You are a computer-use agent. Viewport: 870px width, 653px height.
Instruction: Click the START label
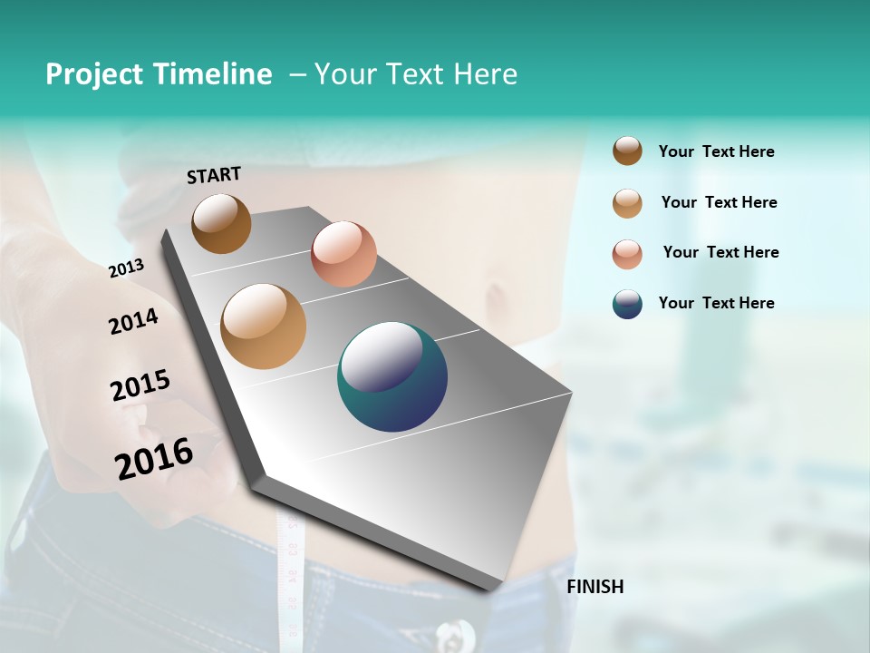tap(214, 175)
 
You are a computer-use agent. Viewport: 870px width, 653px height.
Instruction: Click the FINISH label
tap(594, 587)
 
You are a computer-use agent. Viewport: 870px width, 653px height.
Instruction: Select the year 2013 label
tap(126, 268)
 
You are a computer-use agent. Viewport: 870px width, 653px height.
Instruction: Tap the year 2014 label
tap(133, 321)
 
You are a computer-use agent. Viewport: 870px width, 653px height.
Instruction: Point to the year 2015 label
tap(140, 385)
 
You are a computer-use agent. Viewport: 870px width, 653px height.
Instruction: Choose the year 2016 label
tap(154, 459)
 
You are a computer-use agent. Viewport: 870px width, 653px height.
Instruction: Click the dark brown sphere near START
tap(221, 223)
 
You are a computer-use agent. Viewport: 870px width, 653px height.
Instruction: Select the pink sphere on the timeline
tap(343, 253)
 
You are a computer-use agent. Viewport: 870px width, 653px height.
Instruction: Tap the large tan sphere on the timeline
tap(264, 326)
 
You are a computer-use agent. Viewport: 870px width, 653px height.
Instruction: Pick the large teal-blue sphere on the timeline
tap(392, 376)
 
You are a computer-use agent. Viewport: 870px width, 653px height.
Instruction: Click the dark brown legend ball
tap(627, 151)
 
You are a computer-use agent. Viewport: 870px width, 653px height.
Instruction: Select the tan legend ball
tap(627, 203)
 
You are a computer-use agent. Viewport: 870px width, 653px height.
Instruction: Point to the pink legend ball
tap(627, 254)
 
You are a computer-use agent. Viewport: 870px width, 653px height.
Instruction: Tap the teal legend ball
tap(627, 304)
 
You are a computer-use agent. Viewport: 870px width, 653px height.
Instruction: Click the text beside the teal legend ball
tap(716, 303)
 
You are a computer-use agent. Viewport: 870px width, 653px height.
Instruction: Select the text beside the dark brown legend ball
tap(716, 151)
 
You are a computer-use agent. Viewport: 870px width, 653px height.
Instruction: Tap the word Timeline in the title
tap(212, 74)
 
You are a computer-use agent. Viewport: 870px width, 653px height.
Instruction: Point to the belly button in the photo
tap(496, 296)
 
